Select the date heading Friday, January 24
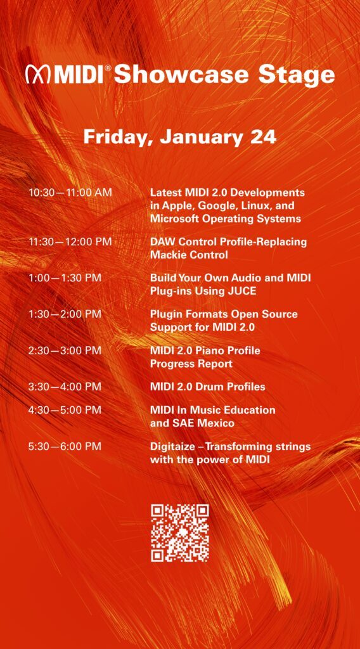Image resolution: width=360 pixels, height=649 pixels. coord(179,138)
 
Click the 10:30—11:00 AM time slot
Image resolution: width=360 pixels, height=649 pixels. coord(70,193)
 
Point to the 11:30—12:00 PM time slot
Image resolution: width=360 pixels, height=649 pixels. coord(70,241)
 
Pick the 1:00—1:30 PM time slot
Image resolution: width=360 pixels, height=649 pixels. coord(65,278)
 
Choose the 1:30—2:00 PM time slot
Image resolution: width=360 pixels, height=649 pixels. coord(65,314)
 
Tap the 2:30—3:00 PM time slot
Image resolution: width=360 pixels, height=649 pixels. coord(65,350)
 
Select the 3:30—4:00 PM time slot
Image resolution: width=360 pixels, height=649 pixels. coord(65,387)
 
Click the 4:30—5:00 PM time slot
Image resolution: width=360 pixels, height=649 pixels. coord(65,410)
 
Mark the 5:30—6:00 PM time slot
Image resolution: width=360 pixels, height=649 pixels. coord(65,447)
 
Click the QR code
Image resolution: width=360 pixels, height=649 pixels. coord(179,532)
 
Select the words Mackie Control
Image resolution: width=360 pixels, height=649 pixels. coord(189,255)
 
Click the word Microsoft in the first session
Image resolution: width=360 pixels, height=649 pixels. coord(174,219)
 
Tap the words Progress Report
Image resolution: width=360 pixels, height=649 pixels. coord(191,364)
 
